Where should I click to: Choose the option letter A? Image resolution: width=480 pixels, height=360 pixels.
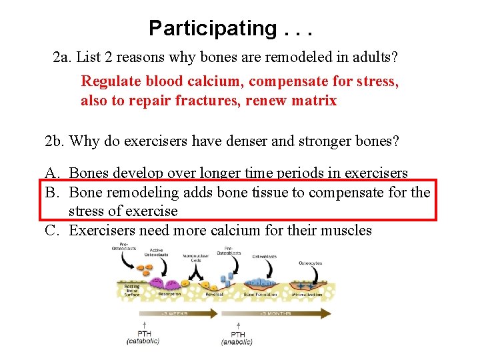pos(51,174)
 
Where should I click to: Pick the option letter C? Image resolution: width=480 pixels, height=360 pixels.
pos(51,231)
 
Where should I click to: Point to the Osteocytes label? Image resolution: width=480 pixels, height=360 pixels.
pos(310,263)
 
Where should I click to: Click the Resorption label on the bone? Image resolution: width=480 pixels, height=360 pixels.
pos(169,294)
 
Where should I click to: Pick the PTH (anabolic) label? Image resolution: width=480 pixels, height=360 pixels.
pos(237,337)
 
